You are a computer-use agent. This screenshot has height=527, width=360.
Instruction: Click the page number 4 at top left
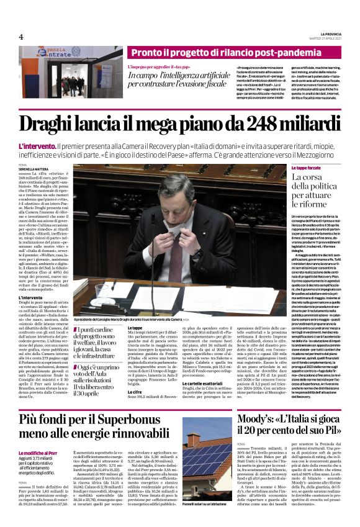[x=20, y=36]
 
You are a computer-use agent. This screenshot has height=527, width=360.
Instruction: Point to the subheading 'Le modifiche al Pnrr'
[x=39, y=436]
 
